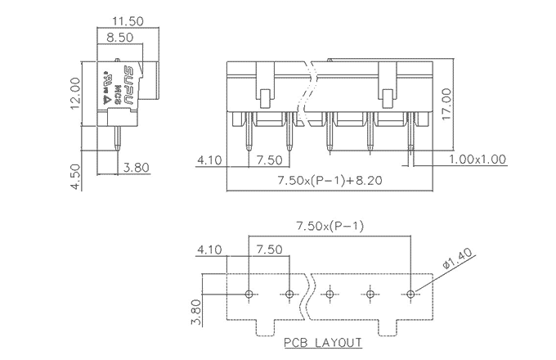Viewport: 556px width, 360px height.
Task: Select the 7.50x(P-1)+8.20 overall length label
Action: (x=329, y=179)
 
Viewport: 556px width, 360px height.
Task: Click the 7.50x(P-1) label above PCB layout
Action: (x=330, y=227)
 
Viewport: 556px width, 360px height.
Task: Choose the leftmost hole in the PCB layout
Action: (x=250, y=293)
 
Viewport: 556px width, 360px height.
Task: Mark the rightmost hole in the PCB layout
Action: (x=410, y=293)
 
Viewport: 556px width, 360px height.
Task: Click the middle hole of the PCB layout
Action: (x=330, y=293)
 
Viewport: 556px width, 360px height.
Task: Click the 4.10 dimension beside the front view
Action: (x=209, y=160)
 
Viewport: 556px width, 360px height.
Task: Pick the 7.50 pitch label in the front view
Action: (x=269, y=160)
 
